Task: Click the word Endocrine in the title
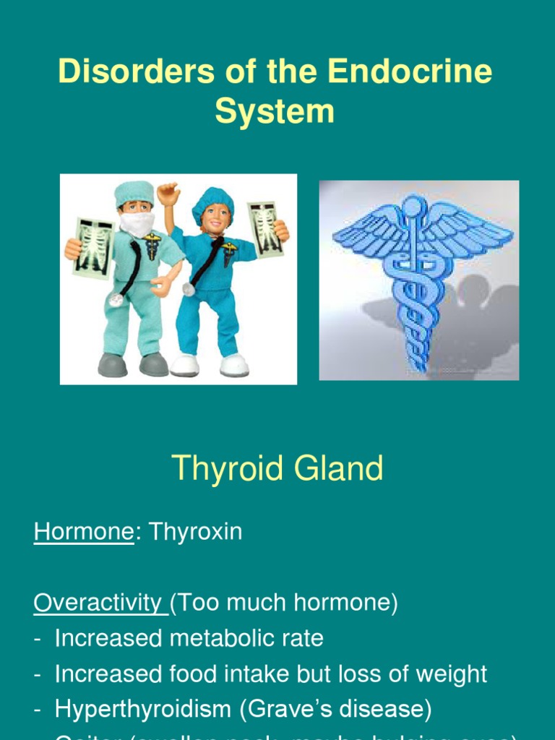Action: [x=410, y=73]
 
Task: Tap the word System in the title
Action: [x=275, y=112]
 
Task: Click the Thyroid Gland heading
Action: [x=277, y=469]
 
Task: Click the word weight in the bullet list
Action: [x=452, y=674]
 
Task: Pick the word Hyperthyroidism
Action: [x=144, y=710]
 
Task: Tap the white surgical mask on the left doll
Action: [x=137, y=223]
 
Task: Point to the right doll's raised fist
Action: [x=168, y=193]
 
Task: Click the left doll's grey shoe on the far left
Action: [x=113, y=365]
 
